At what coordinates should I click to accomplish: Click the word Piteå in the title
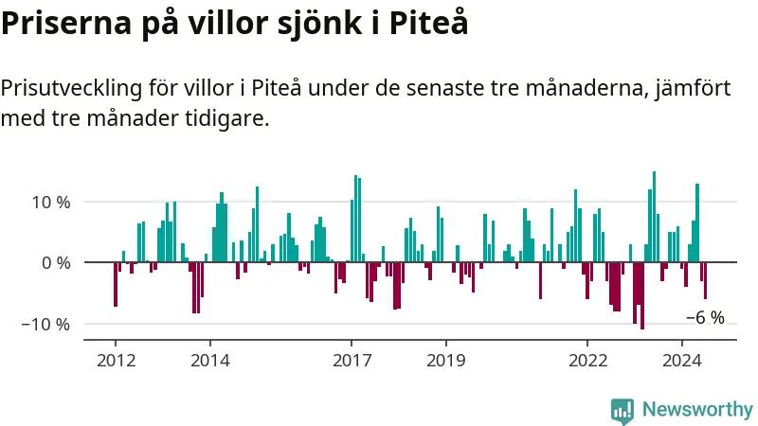point(428,22)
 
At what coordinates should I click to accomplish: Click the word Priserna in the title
point(66,23)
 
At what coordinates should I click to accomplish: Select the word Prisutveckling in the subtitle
point(72,89)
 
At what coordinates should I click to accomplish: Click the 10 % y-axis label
point(51,203)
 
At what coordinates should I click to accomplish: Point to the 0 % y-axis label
point(56,263)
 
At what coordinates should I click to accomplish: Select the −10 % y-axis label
point(45,325)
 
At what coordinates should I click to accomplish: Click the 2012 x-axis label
point(116,361)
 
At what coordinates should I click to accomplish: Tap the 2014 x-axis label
point(210,361)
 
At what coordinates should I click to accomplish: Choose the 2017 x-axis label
point(352,361)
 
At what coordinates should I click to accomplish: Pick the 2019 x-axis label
point(446,361)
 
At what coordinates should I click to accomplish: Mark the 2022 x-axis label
point(587,361)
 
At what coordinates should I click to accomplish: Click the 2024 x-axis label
point(682,361)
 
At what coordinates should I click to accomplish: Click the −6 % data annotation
point(705,318)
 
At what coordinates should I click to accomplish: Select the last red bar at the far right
point(705,280)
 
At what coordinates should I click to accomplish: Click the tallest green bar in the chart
point(654,217)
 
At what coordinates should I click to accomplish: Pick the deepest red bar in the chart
point(642,295)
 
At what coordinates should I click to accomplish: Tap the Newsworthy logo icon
point(623,412)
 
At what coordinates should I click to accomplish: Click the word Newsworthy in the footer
point(697,410)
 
